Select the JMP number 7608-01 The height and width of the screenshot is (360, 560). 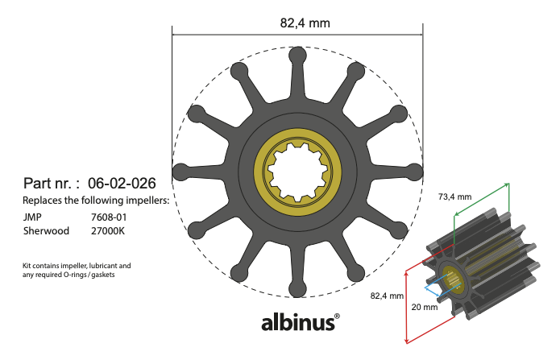click(109, 217)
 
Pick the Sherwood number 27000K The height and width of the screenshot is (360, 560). click(110, 230)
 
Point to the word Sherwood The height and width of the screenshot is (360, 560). click(46, 230)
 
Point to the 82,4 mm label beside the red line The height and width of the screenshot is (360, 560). click(386, 296)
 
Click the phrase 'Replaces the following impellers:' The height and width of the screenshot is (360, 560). click(96, 200)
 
